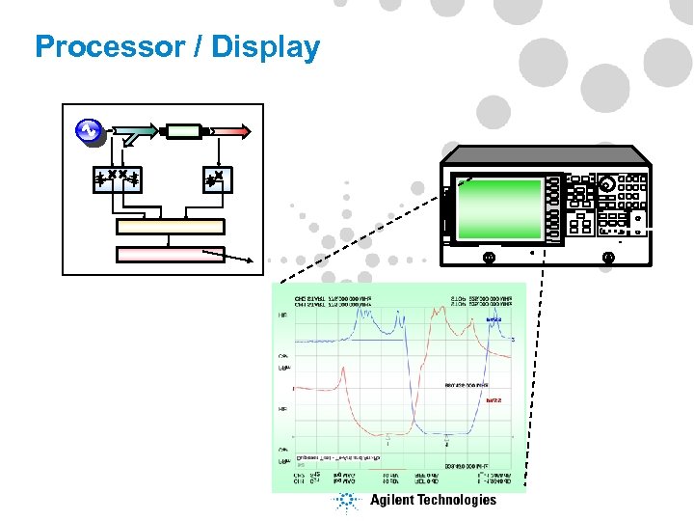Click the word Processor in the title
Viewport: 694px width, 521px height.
(x=100, y=46)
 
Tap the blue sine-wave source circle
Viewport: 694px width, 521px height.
(x=89, y=129)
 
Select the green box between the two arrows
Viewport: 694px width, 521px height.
(x=182, y=131)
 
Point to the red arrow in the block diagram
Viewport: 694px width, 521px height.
(x=229, y=131)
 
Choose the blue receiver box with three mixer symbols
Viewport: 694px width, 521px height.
(x=118, y=178)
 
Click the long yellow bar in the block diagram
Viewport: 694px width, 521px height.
(x=170, y=227)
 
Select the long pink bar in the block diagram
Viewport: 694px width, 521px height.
(x=170, y=255)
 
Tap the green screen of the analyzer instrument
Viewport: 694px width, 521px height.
(x=500, y=207)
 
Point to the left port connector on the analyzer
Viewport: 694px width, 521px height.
(x=489, y=258)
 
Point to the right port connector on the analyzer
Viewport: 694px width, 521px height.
(x=607, y=258)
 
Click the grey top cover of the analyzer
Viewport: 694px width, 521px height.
(x=545, y=154)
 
